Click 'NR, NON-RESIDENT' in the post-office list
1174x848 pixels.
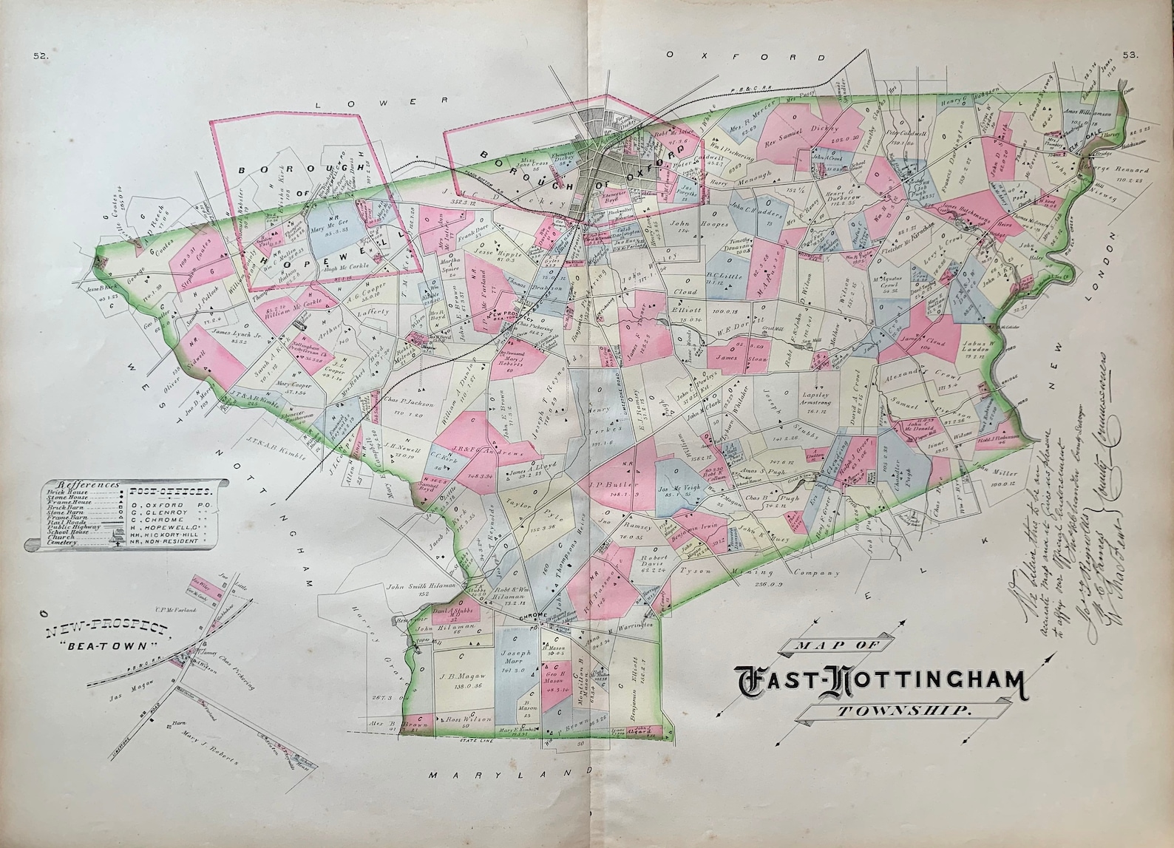pyautogui.click(x=174, y=541)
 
